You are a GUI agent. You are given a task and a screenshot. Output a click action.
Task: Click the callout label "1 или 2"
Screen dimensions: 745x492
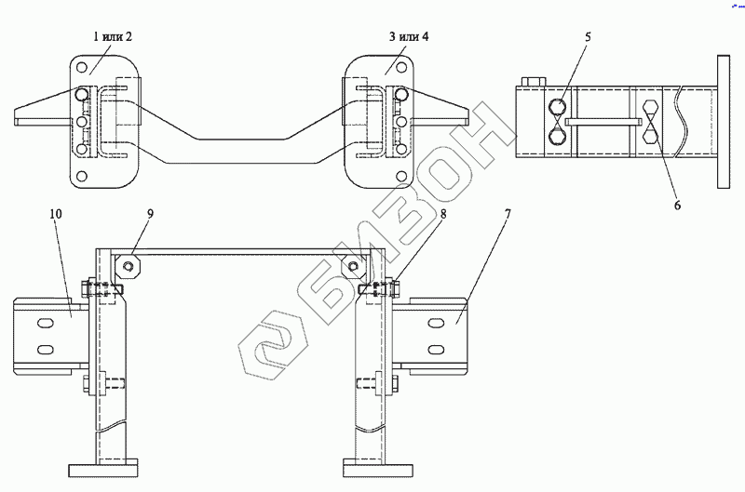pyautogui.click(x=112, y=36)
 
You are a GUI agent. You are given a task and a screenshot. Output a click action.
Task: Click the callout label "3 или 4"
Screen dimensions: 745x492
pyautogui.click(x=409, y=36)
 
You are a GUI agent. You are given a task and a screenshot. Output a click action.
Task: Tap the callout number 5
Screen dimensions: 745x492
pyautogui.click(x=588, y=37)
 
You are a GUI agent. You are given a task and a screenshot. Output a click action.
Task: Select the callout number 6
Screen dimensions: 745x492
pyautogui.click(x=678, y=205)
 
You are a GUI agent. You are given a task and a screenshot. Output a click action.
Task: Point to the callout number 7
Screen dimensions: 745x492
pyautogui.click(x=508, y=214)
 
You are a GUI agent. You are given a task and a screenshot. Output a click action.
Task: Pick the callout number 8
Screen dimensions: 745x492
pyautogui.click(x=443, y=214)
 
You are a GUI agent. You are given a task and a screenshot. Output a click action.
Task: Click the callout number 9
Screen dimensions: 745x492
pyautogui.click(x=150, y=214)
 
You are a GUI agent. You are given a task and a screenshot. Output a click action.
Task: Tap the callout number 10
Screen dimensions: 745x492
pyautogui.click(x=56, y=214)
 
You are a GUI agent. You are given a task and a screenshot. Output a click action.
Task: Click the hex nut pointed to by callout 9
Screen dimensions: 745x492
pyautogui.click(x=128, y=266)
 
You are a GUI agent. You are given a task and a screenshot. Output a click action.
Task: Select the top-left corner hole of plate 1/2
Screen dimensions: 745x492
pyautogui.click(x=82, y=67)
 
